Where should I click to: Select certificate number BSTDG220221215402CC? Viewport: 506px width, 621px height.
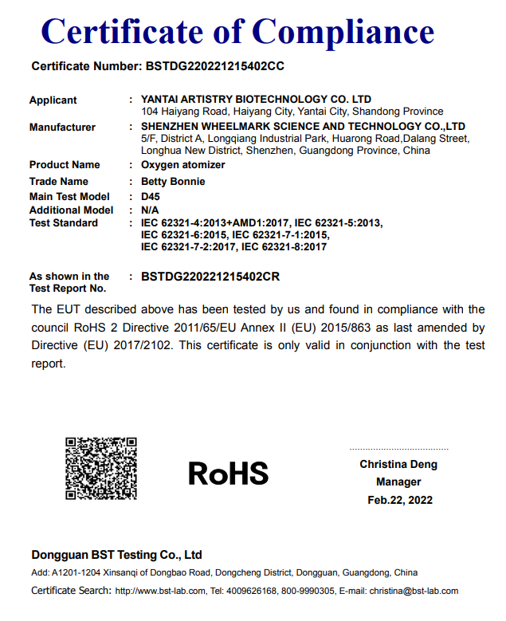tap(214, 67)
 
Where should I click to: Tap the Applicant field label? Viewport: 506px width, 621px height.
tap(53, 100)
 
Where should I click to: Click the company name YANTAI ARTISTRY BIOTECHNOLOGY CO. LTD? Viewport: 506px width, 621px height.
tap(256, 100)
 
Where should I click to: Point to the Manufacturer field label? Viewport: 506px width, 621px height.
tap(62, 128)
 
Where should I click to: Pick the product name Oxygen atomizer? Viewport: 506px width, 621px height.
tap(182, 165)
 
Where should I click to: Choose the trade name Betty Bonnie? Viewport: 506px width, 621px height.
tap(173, 182)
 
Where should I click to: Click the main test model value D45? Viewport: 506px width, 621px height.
tap(151, 197)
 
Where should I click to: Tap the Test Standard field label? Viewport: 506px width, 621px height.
tap(64, 223)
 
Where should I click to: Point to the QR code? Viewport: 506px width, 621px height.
tap(101, 468)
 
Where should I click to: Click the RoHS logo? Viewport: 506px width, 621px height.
tap(228, 473)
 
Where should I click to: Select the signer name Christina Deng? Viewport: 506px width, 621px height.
tap(398, 465)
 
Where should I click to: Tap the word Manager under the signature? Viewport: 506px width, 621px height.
tap(398, 482)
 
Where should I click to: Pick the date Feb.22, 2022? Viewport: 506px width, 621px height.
tap(399, 500)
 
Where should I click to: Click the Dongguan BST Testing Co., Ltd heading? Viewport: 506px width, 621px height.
tap(116, 555)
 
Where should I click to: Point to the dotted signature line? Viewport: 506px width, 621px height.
tap(398, 450)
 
